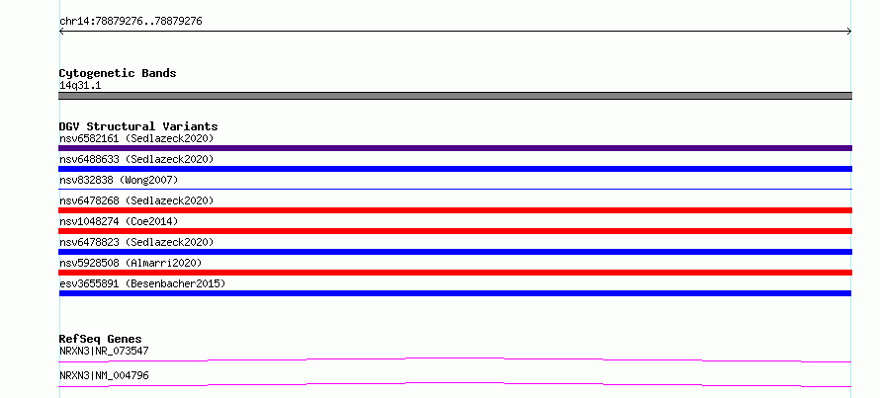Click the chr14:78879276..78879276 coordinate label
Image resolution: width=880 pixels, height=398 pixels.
pyautogui.click(x=131, y=22)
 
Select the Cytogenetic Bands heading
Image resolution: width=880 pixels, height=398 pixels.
pyautogui.click(x=118, y=73)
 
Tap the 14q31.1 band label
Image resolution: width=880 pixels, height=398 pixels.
pyautogui.click(x=80, y=86)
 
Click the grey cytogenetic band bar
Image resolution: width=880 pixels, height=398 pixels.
pyautogui.click(x=455, y=96)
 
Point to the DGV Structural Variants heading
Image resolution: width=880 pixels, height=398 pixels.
pyautogui.click(x=138, y=126)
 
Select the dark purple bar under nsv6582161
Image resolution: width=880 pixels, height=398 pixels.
pyautogui.click(x=455, y=148)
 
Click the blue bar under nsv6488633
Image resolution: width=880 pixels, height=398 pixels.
pyautogui.click(x=455, y=169)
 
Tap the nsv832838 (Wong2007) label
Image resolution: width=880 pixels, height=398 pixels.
pyautogui.click(x=119, y=180)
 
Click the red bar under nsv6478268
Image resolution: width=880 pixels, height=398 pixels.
pyautogui.click(x=455, y=210)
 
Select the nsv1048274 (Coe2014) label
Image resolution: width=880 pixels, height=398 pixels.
pyautogui.click(x=119, y=221)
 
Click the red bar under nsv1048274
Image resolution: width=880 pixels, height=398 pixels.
pyautogui.click(x=455, y=231)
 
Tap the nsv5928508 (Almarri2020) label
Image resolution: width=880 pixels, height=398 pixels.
pyautogui.click(x=131, y=263)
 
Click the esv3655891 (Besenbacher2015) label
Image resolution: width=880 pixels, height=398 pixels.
pyautogui.click(x=142, y=283)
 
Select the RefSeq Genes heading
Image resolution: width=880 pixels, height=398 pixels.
pyautogui.click(x=101, y=339)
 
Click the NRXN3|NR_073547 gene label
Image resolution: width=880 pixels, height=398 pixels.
pyautogui.click(x=104, y=351)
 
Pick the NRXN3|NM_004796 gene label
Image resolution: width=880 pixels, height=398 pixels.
pyautogui.click(x=104, y=375)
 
